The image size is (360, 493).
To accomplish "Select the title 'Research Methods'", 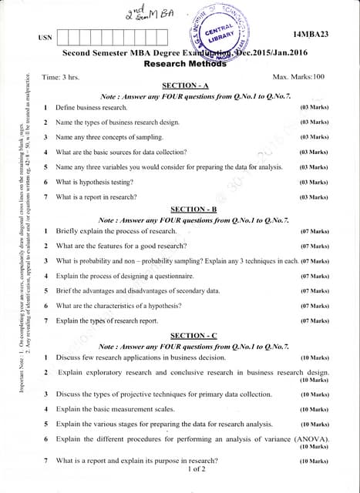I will tap(185, 64).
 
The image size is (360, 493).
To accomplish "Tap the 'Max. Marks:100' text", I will tap(298, 77).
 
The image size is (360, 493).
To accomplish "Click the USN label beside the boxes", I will tap(45, 37).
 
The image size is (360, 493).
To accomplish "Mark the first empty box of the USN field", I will tap(66, 36).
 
